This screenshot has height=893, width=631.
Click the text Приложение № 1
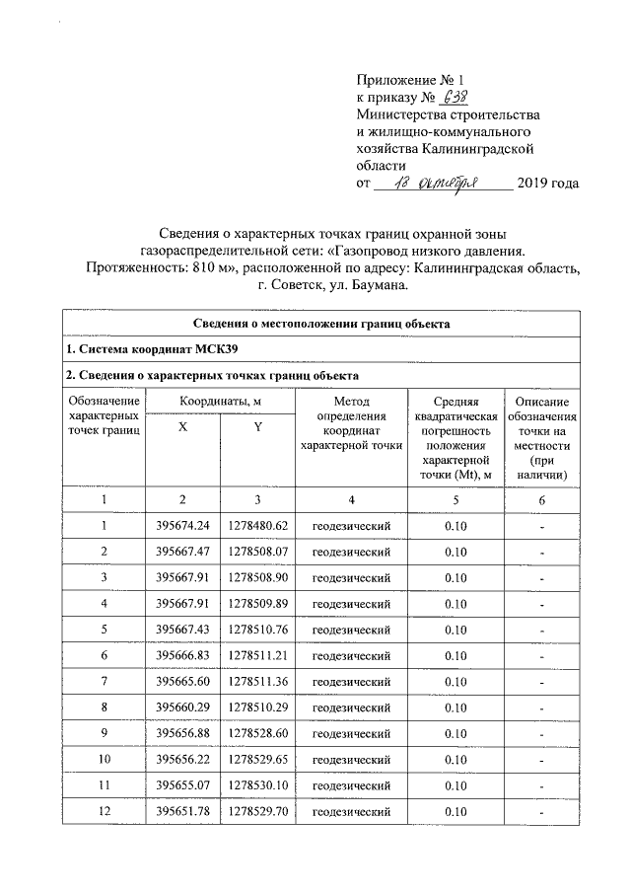[408, 78]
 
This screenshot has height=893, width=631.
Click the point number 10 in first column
[105, 760]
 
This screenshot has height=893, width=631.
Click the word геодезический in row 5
[351, 630]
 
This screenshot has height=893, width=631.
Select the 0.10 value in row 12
[456, 812]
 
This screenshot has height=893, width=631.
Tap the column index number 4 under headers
[351, 499]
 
